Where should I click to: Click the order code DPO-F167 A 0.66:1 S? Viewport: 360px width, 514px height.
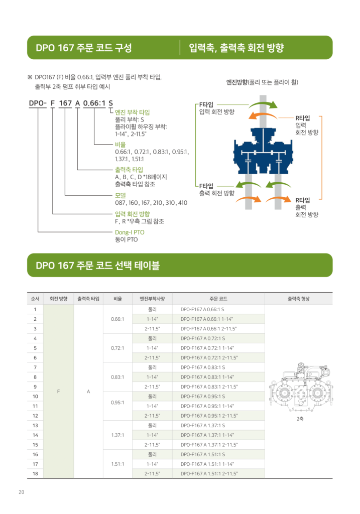pos(202,309)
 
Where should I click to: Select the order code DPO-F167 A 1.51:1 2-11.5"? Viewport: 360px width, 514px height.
pos(209,474)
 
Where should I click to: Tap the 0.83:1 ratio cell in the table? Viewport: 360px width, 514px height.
pos(117,377)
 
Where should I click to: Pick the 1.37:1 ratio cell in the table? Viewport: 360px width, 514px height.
pos(117,435)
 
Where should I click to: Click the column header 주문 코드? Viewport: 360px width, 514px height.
pos(218,299)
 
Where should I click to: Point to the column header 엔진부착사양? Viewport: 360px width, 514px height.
pos(152,299)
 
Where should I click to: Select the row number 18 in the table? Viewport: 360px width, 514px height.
pos(35,474)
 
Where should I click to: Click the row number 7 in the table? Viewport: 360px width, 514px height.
pos(35,367)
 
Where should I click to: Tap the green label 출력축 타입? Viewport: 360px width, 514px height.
pos(129,170)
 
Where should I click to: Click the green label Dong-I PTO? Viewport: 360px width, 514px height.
pos(130,232)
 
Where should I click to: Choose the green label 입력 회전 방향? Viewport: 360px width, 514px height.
pos(132,214)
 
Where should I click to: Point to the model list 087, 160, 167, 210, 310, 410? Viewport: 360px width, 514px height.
pos(151,203)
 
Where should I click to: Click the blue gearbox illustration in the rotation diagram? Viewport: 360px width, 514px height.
pos(263,151)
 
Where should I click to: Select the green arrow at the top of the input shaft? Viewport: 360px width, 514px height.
pos(263,104)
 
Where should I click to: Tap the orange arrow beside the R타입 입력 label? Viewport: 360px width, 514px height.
pos(263,115)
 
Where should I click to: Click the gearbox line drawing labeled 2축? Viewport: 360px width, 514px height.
pos(301,388)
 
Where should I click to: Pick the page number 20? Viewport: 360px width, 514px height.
pos(21,492)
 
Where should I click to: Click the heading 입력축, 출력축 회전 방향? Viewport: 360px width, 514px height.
pos(236,48)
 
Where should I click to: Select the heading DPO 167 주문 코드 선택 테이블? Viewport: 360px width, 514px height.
pos(98,265)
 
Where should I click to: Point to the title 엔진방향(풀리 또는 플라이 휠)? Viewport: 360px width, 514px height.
pos(262,82)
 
